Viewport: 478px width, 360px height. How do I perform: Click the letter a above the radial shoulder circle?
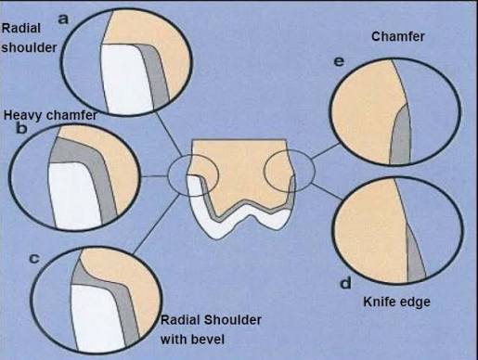[x=63, y=19]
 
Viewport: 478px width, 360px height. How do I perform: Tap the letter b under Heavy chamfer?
[x=21, y=128]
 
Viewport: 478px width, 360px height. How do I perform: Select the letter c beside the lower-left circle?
[x=34, y=259]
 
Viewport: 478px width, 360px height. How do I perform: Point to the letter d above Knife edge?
[x=345, y=283]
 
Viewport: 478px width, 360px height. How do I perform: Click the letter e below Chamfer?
[x=339, y=62]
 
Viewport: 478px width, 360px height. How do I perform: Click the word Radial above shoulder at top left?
[x=21, y=29]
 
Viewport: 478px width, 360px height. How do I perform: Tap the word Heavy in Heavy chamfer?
[x=23, y=115]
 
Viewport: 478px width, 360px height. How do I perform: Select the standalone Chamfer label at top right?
[x=398, y=36]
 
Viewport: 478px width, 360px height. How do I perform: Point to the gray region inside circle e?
[x=400, y=136]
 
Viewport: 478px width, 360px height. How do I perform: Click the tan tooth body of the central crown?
[x=241, y=174]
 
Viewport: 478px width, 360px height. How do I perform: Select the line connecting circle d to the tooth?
[x=327, y=191]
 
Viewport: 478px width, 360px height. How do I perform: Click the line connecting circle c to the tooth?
[x=156, y=225]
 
